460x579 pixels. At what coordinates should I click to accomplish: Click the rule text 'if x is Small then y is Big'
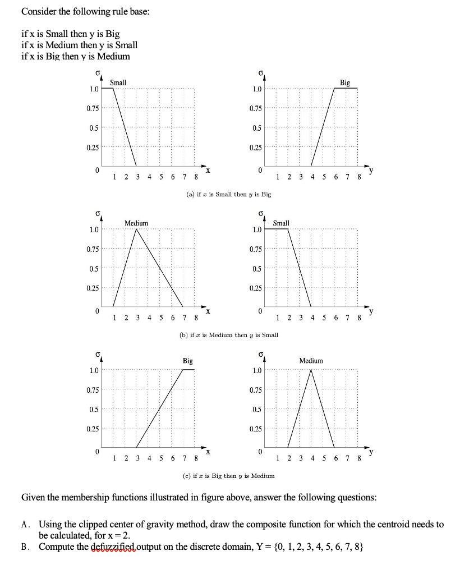click(70, 34)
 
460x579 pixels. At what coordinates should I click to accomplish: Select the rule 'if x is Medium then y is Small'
click(79, 45)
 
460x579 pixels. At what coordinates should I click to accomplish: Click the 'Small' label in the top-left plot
click(118, 82)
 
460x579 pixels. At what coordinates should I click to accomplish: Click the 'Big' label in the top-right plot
click(344, 82)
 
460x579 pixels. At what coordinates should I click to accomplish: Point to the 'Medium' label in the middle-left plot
click(136, 223)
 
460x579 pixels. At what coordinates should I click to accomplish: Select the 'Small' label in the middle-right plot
click(281, 223)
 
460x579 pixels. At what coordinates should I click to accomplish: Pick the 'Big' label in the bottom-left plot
click(187, 361)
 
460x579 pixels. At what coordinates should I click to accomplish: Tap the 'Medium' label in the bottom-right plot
click(311, 361)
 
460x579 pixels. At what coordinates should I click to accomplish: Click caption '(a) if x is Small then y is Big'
click(228, 194)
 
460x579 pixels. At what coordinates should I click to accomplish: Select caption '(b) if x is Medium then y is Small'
click(228, 335)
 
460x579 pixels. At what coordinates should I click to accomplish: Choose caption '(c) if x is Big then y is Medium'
click(228, 476)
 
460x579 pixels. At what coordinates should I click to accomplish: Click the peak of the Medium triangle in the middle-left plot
click(136, 229)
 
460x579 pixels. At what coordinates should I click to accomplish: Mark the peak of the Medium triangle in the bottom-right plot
click(311, 370)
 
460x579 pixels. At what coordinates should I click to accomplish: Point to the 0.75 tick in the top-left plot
click(93, 108)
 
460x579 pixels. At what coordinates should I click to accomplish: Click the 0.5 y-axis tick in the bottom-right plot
click(256, 410)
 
